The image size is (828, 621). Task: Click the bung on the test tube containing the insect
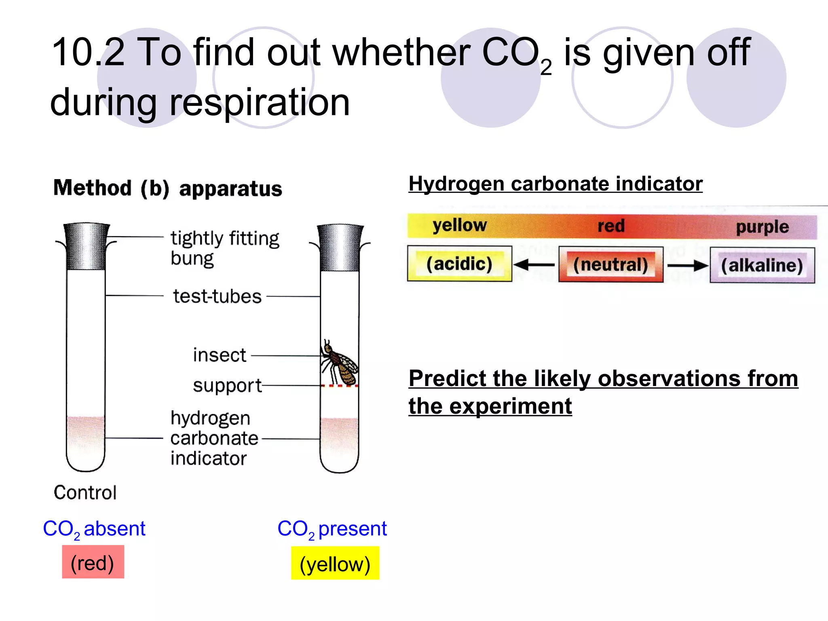(x=340, y=247)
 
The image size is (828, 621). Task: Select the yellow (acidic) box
(x=459, y=264)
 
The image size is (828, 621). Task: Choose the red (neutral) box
(x=610, y=265)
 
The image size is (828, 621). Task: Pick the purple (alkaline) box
(x=762, y=266)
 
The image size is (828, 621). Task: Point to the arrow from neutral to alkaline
(x=687, y=266)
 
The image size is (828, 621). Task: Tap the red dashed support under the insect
(x=340, y=386)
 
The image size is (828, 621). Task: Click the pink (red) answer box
(x=93, y=562)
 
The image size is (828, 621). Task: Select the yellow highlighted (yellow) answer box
(x=335, y=564)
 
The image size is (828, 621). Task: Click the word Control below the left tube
(x=85, y=492)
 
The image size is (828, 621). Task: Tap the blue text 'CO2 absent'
(x=94, y=529)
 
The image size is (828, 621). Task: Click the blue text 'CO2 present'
(x=332, y=529)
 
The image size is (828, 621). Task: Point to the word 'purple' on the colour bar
(x=762, y=227)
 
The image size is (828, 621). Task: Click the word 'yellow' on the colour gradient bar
(x=460, y=225)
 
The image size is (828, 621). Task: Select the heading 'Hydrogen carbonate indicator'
(x=556, y=184)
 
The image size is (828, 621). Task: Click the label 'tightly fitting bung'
(x=224, y=248)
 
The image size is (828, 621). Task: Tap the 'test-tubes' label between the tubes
(x=218, y=296)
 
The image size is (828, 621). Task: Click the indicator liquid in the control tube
(x=86, y=441)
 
